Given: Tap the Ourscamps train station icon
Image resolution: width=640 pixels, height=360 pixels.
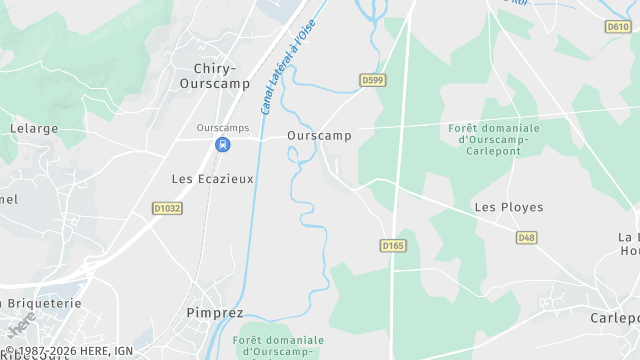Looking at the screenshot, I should pyautogui.click(x=222, y=145).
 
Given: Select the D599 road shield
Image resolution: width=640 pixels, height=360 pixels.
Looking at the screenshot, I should pyautogui.click(x=373, y=80).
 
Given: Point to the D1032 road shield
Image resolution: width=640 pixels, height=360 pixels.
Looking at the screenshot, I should pyautogui.click(x=167, y=208).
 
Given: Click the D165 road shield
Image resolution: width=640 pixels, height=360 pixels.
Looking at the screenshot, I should pyautogui.click(x=392, y=245).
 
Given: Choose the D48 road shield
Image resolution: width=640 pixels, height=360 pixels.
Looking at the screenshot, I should pyautogui.click(x=527, y=237).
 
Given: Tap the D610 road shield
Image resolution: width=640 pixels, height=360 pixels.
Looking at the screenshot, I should pyautogui.click(x=618, y=27).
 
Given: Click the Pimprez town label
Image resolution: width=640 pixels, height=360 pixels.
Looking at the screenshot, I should pyautogui.click(x=215, y=313).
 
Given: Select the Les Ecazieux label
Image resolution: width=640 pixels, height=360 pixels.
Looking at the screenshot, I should pyautogui.click(x=213, y=179).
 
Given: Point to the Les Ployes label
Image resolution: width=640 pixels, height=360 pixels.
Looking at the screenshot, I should pyautogui.click(x=508, y=207).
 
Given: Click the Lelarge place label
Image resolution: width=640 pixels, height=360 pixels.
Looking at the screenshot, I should pyautogui.click(x=34, y=129).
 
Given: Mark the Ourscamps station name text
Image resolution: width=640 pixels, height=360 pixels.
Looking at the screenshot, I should pyautogui.click(x=222, y=128).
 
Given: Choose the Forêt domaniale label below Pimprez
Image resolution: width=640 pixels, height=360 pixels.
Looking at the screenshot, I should pyautogui.click(x=279, y=346).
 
